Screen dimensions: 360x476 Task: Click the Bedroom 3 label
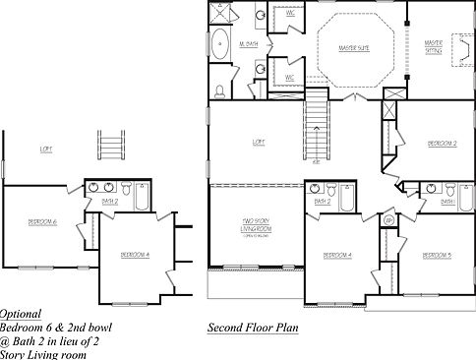click(x=436, y=255)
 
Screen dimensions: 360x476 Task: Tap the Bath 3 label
click(x=447, y=202)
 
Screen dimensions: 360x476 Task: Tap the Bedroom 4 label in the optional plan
click(x=134, y=255)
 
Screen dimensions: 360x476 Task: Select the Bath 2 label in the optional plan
click(x=109, y=202)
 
